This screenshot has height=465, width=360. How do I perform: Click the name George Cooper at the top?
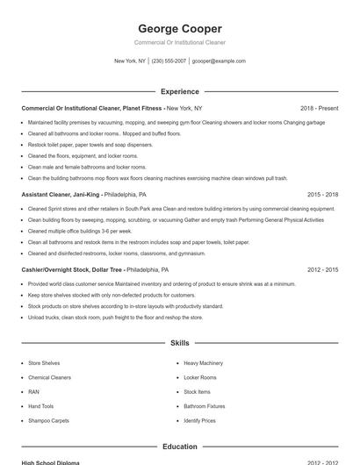[x=180, y=28]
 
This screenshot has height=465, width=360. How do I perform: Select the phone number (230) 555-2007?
[x=169, y=61]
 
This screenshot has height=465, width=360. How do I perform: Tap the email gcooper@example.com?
[x=219, y=61]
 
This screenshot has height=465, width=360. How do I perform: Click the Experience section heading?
[x=180, y=91]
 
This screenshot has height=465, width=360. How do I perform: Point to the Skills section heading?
[x=180, y=343]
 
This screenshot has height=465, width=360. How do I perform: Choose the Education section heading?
[x=180, y=447]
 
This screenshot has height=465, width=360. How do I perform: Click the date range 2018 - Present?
[x=319, y=108]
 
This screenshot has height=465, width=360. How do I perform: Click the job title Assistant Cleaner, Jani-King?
[x=61, y=195]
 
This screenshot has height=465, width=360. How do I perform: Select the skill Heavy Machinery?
[x=203, y=362]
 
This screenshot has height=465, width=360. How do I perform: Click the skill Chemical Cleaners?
[x=49, y=377]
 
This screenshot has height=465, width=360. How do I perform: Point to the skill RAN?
[x=33, y=392]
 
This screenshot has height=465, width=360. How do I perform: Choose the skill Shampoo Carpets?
[x=48, y=421]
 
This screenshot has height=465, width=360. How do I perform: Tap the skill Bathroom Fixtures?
[x=204, y=407]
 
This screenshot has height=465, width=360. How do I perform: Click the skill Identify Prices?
[x=199, y=421]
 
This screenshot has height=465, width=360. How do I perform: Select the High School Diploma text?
[x=50, y=462]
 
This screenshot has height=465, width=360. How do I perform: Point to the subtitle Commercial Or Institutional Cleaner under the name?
[x=180, y=42]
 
